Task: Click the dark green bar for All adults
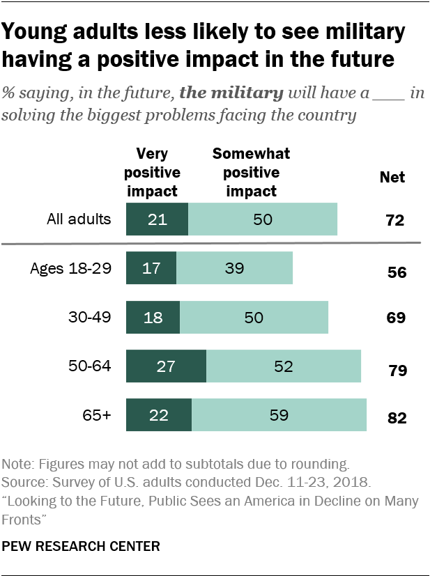pyautogui.click(x=157, y=219)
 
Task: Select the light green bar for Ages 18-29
pyautogui.click(x=234, y=268)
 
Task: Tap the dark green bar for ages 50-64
pyautogui.click(x=166, y=366)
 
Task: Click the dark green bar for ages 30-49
pyautogui.click(x=153, y=317)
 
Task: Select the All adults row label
pyautogui.click(x=79, y=219)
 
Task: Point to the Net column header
pyautogui.click(x=392, y=177)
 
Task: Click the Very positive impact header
pyautogui.click(x=157, y=171)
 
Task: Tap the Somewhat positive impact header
pyautogui.click(x=251, y=171)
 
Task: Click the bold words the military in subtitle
pyautogui.click(x=232, y=93)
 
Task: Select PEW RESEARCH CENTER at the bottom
pyautogui.click(x=82, y=547)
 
